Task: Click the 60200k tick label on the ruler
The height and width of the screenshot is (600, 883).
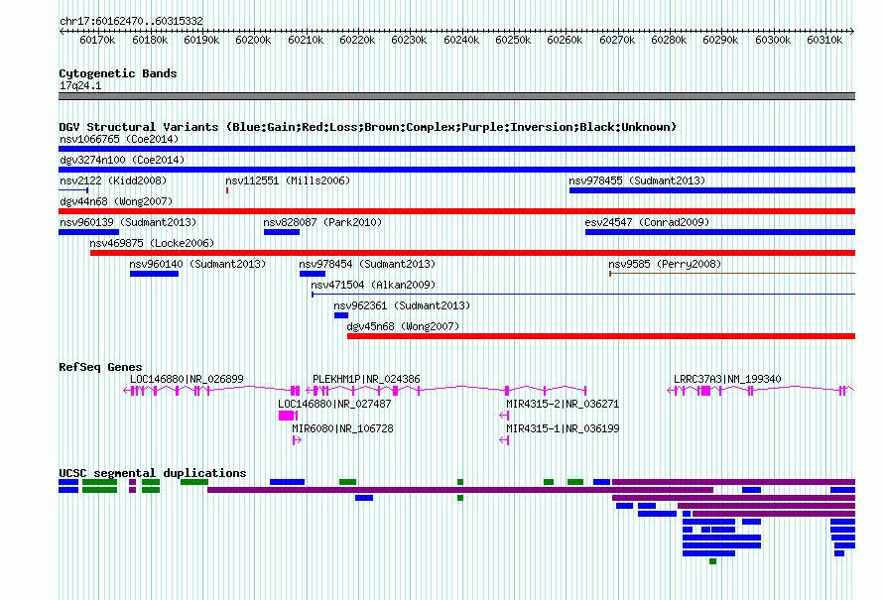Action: [253, 40]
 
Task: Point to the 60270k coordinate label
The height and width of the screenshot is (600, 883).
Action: [617, 40]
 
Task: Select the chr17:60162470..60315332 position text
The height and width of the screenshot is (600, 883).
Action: [131, 22]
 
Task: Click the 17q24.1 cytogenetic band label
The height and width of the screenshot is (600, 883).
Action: [80, 85]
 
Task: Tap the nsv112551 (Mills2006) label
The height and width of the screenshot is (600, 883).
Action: [288, 180]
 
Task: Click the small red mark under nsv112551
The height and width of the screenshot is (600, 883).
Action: [227, 190]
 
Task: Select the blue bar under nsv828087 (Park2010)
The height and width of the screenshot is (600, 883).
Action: [282, 232]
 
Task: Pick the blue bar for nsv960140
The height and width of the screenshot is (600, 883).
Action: [155, 274]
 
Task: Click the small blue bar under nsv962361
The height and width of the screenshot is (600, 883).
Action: [341, 315]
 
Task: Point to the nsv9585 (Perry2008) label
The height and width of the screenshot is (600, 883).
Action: [665, 264]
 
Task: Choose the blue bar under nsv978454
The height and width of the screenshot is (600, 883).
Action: [313, 274]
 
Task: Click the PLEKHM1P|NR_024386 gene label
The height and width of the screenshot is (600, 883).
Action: [366, 380]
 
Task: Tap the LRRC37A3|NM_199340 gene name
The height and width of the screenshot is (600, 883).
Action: [727, 380]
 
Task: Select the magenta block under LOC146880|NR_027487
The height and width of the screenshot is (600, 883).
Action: [288, 416]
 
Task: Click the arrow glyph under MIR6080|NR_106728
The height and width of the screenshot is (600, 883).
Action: [297, 440]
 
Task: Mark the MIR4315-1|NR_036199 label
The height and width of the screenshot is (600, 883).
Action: [563, 428]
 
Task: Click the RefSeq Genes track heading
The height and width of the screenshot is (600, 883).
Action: [100, 367]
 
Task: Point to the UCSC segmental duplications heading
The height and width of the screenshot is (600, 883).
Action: [153, 473]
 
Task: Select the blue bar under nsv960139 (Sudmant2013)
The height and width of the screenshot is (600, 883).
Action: [89, 232]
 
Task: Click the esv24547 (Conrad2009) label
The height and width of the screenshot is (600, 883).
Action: [647, 222]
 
